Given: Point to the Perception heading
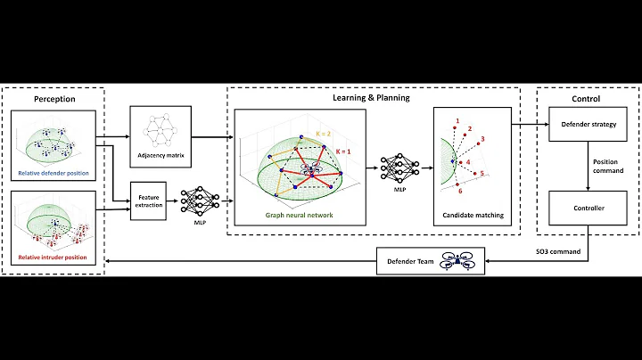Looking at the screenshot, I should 54,99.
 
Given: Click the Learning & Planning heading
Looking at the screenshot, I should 372,97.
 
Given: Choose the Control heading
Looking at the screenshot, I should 587,98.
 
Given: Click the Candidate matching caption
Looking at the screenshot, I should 473,215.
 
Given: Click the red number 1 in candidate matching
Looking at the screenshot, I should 457,120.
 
